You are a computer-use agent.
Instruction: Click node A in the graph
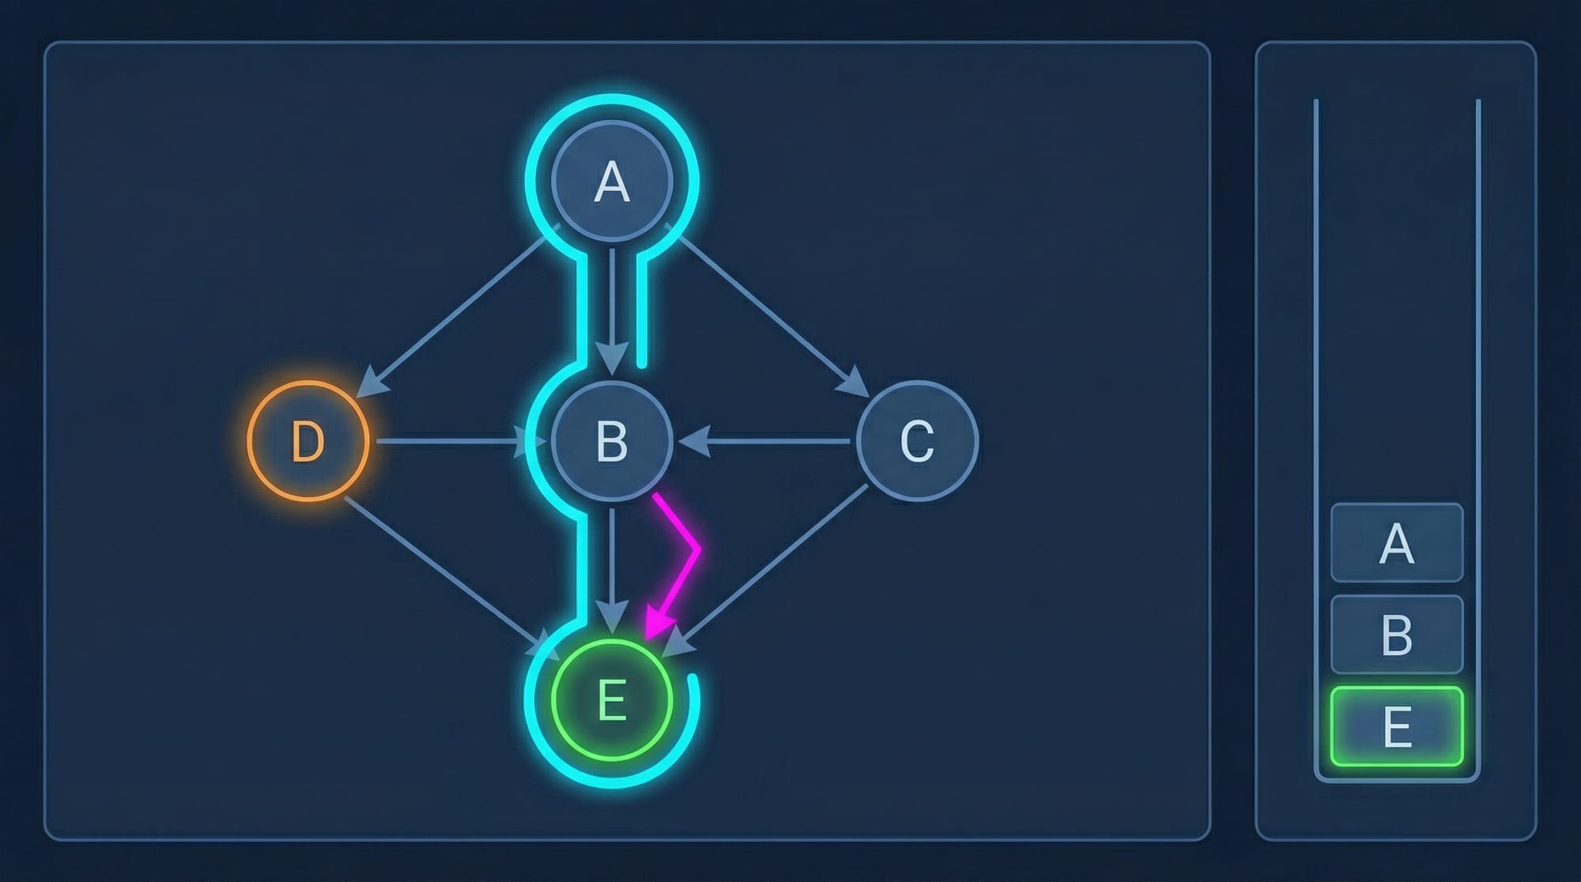click(x=612, y=182)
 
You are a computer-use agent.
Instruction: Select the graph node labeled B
click(x=612, y=440)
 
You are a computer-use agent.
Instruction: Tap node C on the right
click(x=917, y=440)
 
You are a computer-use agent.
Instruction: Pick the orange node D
click(x=308, y=440)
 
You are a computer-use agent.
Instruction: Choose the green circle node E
click(x=612, y=699)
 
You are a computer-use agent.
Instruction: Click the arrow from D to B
click(x=451, y=441)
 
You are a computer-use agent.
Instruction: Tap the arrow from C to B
click(x=767, y=441)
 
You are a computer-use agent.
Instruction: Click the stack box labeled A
click(x=1397, y=543)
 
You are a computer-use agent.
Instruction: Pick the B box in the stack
click(x=1397, y=634)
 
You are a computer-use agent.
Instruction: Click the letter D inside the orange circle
click(x=308, y=441)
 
